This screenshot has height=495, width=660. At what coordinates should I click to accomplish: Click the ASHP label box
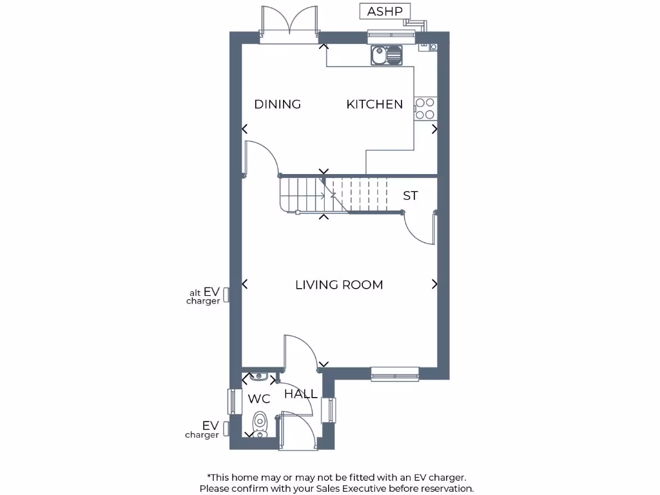click(385, 12)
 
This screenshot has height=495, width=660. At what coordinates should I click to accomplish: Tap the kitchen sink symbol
click(386, 55)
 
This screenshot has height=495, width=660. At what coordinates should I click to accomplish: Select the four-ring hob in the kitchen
click(425, 108)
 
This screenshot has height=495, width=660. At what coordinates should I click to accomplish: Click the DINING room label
click(277, 104)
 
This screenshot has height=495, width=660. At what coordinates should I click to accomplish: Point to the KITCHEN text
click(374, 104)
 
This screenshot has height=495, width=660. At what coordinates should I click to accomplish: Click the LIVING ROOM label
click(339, 284)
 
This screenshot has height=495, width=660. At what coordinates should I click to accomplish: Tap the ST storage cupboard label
click(411, 195)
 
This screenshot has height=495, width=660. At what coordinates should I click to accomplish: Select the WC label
click(258, 399)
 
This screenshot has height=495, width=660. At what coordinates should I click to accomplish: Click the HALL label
click(300, 394)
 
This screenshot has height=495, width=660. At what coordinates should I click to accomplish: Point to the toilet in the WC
click(260, 423)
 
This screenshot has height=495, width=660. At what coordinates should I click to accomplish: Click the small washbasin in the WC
click(260, 376)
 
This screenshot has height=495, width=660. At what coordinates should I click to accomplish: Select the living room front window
click(394, 373)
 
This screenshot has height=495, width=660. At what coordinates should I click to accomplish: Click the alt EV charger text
click(204, 296)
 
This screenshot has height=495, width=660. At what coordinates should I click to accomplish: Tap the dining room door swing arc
click(263, 158)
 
